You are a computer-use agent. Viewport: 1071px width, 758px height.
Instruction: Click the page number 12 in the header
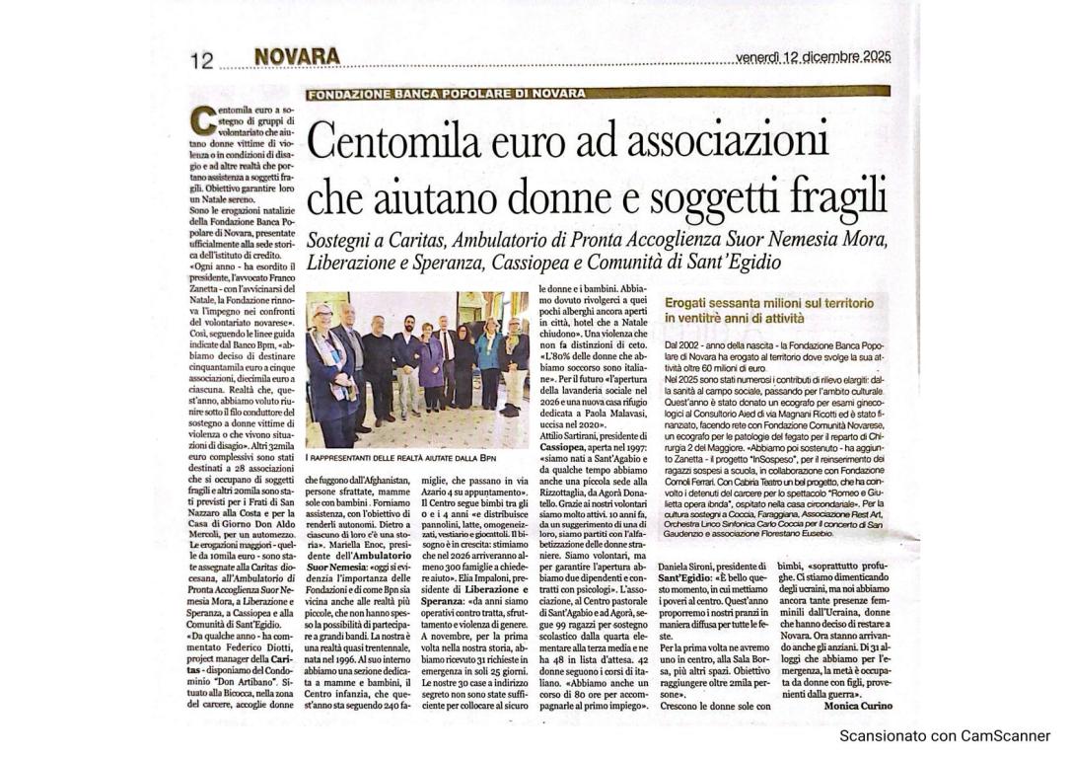click(x=201, y=61)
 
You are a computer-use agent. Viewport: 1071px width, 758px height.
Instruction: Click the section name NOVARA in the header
click(x=297, y=57)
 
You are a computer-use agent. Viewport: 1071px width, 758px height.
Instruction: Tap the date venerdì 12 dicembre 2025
click(x=813, y=57)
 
